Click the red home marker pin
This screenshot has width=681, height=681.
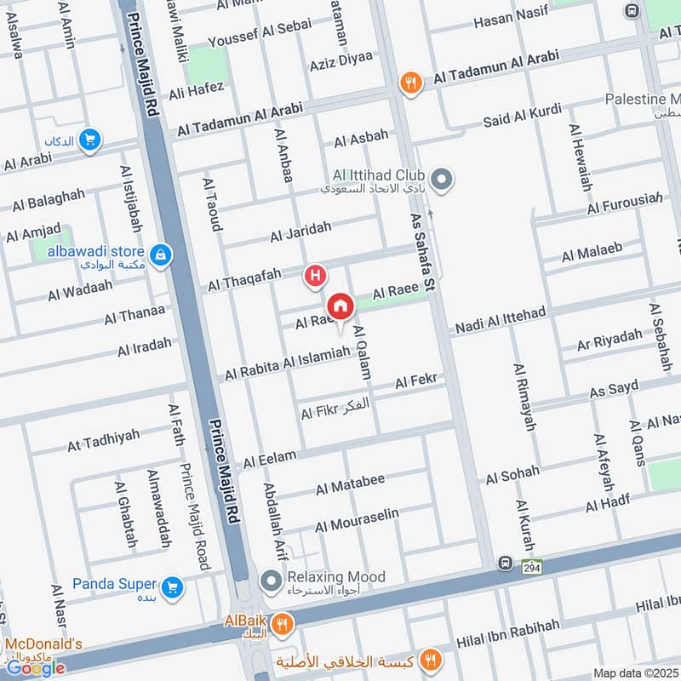(x=340, y=306)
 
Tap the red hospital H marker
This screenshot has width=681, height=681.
(x=316, y=275)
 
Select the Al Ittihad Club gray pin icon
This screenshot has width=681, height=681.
(x=441, y=180)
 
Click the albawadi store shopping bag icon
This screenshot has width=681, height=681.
(x=160, y=254)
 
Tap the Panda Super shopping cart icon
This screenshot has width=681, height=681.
(x=173, y=587)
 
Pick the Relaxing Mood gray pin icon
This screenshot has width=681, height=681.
(x=272, y=582)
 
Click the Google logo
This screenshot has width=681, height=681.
(x=36, y=667)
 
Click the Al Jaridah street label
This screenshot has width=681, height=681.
(x=300, y=231)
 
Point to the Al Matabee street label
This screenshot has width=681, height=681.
(x=350, y=484)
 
